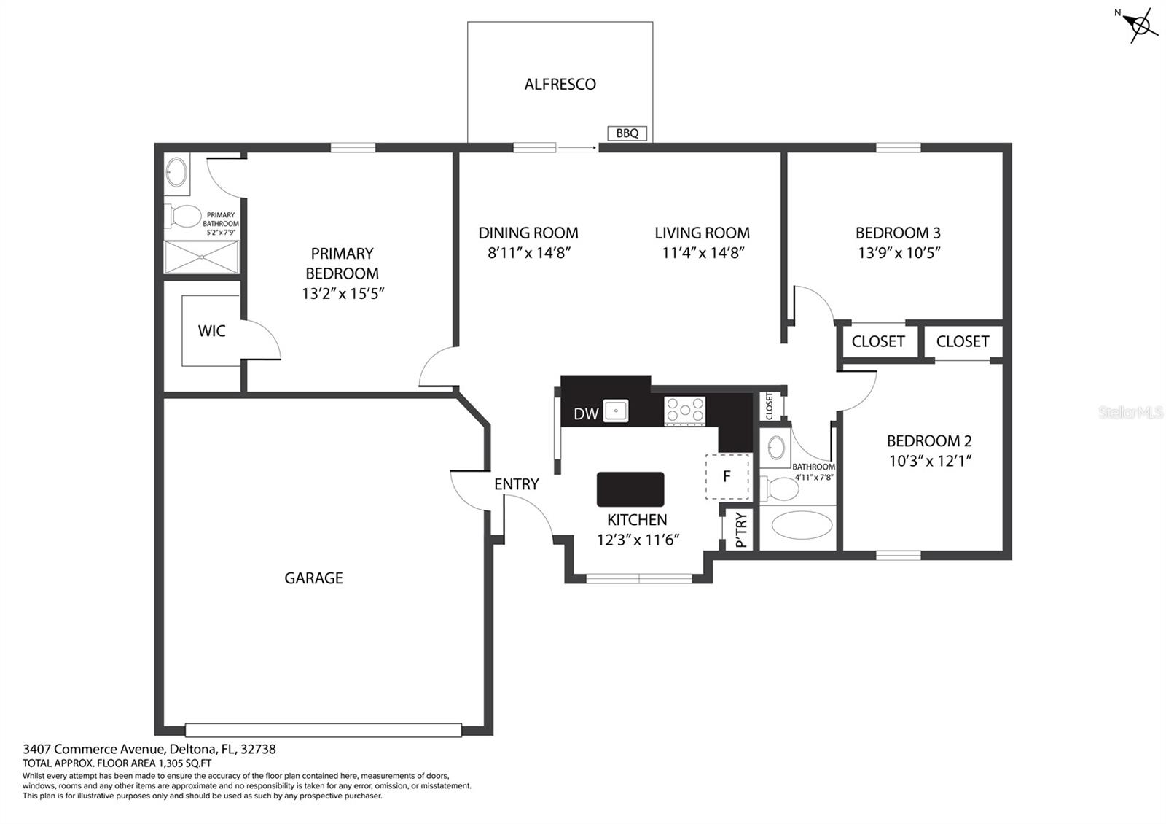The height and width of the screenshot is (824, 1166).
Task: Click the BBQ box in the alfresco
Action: (627, 133)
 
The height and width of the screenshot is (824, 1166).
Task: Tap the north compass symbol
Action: (1140, 25)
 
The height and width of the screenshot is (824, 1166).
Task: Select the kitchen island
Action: (630, 489)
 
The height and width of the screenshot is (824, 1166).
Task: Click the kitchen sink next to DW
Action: (616, 411)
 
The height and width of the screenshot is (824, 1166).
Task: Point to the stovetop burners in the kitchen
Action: (684, 410)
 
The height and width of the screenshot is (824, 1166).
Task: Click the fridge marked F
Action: (727, 477)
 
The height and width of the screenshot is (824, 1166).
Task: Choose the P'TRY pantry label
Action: (741, 529)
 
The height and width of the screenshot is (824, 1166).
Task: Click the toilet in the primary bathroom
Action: (183, 216)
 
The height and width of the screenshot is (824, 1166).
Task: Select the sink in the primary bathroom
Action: (176, 172)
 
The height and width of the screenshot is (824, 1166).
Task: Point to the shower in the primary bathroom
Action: (201, 257)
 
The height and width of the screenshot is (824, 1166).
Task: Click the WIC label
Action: (211, 331)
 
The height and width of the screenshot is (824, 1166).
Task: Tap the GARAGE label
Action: (313, 578)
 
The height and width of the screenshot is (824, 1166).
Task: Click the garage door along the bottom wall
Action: (324, 730)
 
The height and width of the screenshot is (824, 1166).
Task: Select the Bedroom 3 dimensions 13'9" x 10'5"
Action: (899, 252)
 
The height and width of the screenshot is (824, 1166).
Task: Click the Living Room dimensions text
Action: (703, 252)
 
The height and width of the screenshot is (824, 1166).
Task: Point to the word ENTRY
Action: (517, 484)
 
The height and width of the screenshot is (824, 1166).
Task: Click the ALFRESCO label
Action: (560, 84)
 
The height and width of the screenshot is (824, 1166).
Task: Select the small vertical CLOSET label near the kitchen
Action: (770, 405)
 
